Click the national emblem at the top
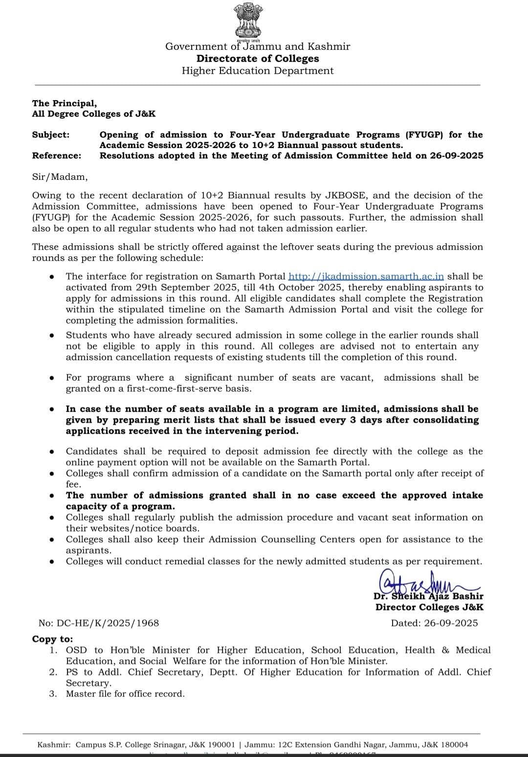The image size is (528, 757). [x=248, y=21]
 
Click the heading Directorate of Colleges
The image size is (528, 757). [x=258, y=59]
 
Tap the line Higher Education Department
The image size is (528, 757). [x=258, y=71]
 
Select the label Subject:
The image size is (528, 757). [x=51, y=135]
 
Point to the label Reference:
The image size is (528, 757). [x=57, y=156]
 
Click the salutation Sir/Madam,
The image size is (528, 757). [x=60, y=177]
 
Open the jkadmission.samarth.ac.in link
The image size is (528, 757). [x=366, y=277]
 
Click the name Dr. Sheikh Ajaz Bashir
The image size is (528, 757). [x=428, y=596]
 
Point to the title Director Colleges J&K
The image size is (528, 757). [x=429, y=607]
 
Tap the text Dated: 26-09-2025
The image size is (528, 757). [x=434, y=623]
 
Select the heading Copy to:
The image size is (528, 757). [x=52, y=639]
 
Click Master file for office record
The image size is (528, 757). [x=125, y=694]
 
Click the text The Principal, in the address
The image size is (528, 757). [x=65, y=104]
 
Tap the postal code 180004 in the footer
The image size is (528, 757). [x=454, y=745]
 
